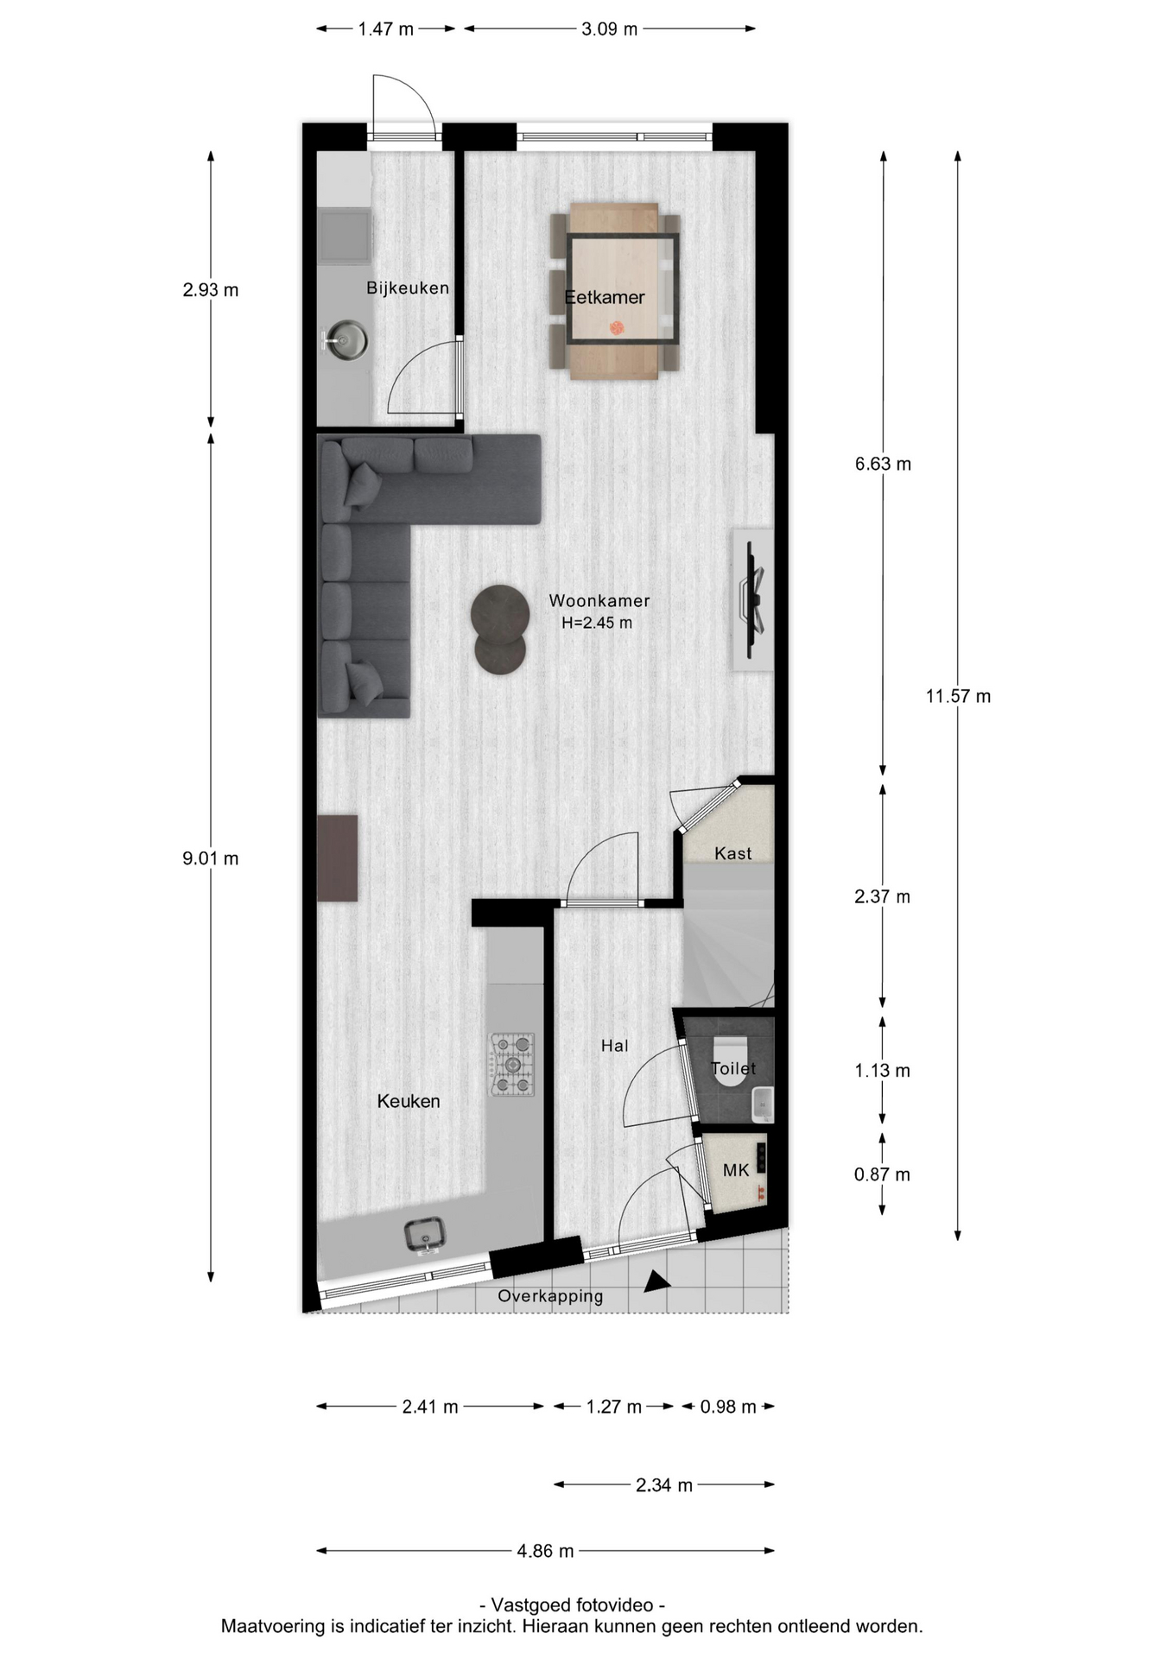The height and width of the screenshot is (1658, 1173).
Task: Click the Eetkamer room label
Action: (605, 297)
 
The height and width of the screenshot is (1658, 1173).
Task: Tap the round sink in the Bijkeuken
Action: (346, 339)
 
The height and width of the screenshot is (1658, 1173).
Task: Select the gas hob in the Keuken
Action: (512, 1065)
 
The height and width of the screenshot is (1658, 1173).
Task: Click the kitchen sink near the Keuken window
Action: (424, 1235)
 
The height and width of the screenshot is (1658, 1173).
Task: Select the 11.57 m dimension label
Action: (958, 696)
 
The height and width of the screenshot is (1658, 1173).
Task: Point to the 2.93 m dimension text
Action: (210, 290)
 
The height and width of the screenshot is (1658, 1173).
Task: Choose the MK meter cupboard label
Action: (736, 1170)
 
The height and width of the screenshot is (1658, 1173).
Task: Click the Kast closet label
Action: (732, 853)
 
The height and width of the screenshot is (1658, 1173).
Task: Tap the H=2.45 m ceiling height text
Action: (597, 623)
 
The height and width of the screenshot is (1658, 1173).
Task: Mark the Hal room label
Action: (614, 1046)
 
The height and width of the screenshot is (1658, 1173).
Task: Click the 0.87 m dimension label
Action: (882, 1174)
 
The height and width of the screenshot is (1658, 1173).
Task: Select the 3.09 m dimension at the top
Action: (609, 29)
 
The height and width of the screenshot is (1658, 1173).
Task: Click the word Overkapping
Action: (550, 1296)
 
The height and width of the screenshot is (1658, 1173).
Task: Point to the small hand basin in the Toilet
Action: (762, 1104)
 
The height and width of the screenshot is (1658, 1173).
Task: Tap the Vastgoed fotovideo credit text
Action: (572, 1605)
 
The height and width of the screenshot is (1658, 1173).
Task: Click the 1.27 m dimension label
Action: (613, 1407)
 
